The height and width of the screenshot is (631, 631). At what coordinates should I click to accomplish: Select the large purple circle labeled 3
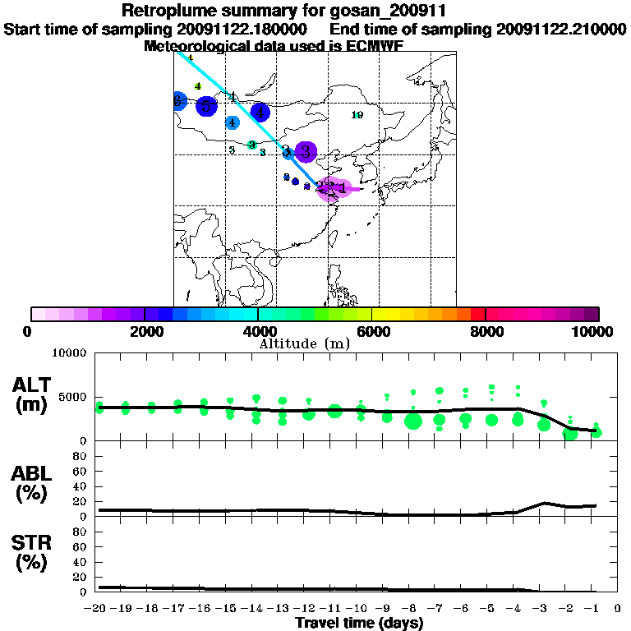point(306,151)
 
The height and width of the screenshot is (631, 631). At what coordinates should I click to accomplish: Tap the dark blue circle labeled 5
point(207,105)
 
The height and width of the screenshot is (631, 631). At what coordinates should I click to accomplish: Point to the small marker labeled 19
point(357,115)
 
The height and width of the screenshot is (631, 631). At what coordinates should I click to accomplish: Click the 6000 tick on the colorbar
point(372,314)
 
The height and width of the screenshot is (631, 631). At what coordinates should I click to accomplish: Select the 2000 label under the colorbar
point(144,331)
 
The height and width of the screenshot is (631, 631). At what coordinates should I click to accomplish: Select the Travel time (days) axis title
point(359,623)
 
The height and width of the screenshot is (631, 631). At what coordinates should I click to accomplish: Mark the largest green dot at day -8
point(413,421)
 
